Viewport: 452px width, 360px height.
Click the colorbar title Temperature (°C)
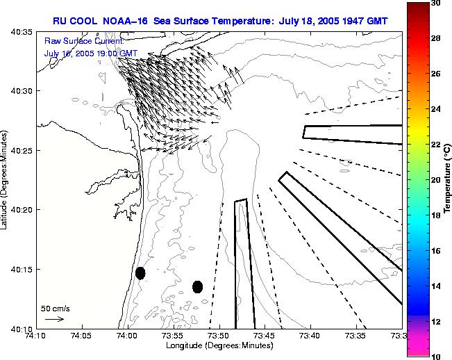(449, 179)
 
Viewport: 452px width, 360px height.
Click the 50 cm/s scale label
(55, 308)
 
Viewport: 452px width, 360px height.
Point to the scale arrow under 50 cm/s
(54, 319)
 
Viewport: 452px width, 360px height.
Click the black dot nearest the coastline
(140, 273)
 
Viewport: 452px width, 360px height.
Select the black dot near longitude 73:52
(197, 286)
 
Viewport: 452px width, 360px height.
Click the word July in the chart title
(294, 21)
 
